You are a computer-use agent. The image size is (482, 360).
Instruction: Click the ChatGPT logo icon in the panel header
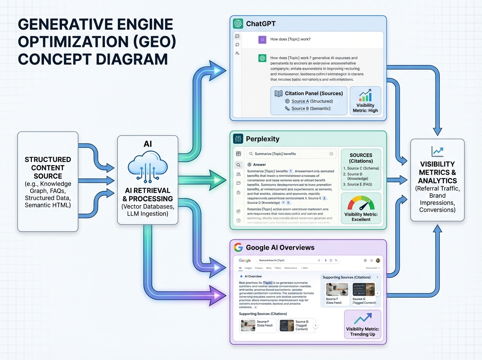coord(238,24)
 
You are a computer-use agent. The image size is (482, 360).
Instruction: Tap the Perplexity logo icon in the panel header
coord(238,139)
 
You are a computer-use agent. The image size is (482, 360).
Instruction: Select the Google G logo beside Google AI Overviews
coord(238,247)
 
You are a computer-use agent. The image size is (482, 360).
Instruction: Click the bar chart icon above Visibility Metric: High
coord(365,96)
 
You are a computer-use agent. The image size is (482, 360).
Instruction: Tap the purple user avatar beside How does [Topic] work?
coord(262,39)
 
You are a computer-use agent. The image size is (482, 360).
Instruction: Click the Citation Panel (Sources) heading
coord(314,93)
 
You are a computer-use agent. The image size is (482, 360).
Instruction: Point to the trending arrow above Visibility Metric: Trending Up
coord(362,320)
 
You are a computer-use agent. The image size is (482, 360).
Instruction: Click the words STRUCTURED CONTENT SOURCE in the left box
coord(48,168)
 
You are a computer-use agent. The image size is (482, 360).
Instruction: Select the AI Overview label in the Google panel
coord(253,276)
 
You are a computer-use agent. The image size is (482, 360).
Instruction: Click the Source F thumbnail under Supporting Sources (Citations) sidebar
coord(337,289)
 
